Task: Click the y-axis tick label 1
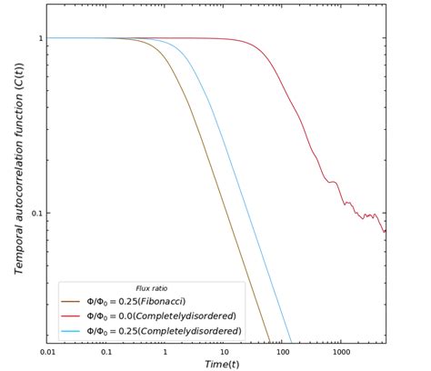point(40,38)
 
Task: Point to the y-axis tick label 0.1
point(36,214)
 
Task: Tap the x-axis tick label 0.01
point(48,351)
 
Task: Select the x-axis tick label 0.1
point(106,351)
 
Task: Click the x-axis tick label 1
point(165,351)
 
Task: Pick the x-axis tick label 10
point(224,351)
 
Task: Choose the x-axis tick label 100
point(282,351)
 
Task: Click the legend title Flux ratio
point(151,288)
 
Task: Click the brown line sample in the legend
point(71,301)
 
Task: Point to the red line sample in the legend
point(71,316)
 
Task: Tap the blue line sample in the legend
point(71,330)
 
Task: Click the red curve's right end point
point(385,230)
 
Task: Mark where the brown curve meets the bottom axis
point(271,342)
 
